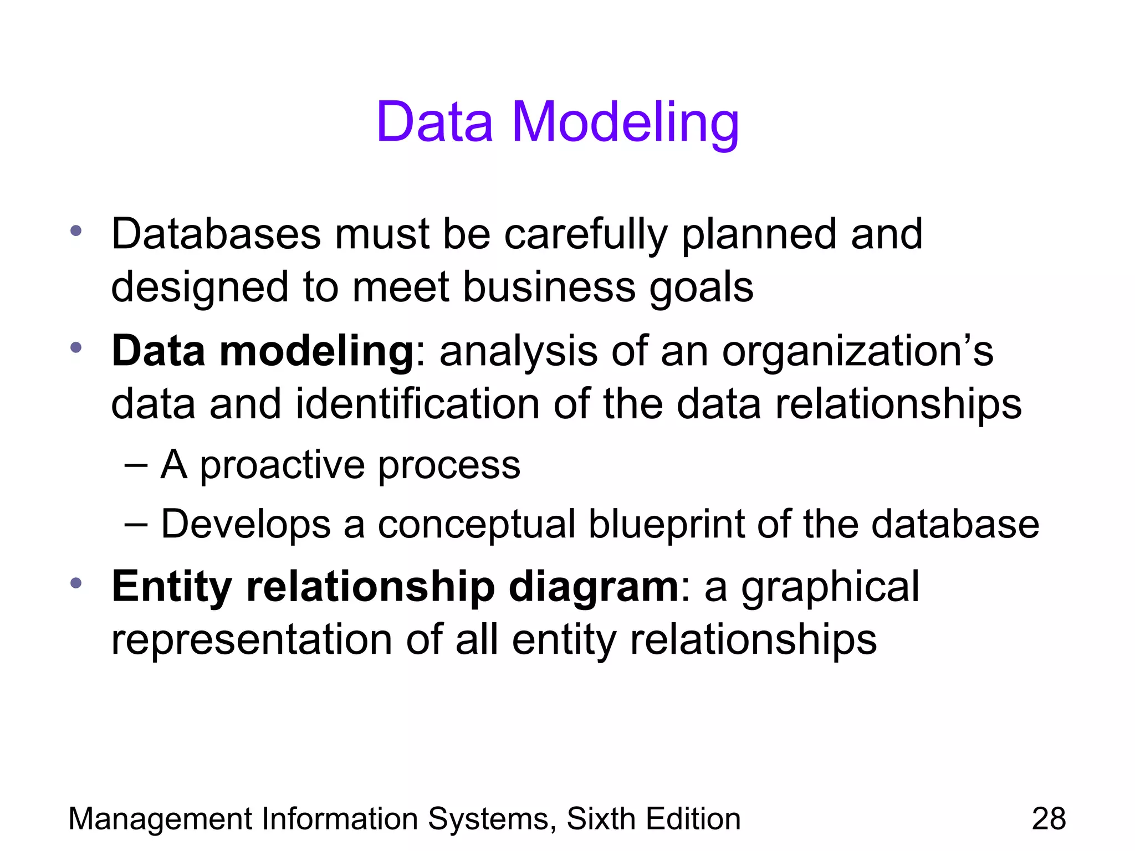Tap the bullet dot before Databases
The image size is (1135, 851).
(76, 230)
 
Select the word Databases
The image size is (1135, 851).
(216, 234)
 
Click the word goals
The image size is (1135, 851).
(701, 287)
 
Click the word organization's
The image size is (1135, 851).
(857, 351)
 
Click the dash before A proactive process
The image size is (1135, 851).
(136, 465)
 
